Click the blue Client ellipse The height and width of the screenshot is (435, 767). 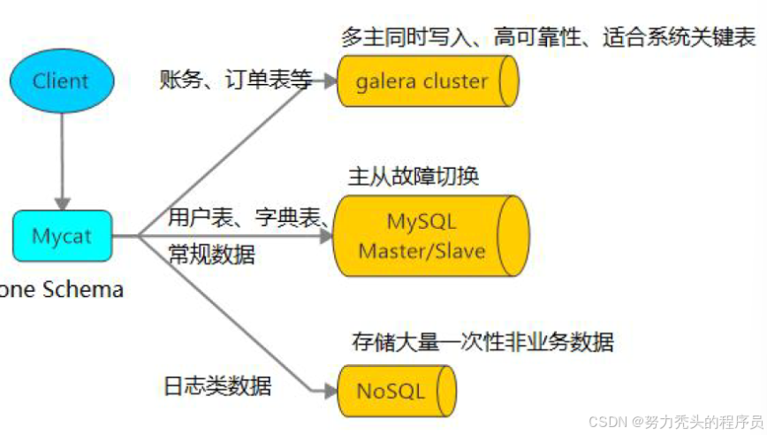[61, 81]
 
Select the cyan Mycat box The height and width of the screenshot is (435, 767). [62, 236]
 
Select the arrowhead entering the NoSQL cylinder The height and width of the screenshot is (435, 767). [329, 390]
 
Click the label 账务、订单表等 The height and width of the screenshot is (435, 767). [236, 80]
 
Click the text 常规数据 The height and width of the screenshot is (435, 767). [211, 256]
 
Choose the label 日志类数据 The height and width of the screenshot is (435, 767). [217, 386]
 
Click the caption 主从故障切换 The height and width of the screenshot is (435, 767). [414, 176]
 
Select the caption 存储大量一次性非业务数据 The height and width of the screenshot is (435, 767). [482, 341]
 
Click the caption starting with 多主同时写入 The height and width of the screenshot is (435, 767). [548, 38]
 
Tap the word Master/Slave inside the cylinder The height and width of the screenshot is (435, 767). [421, 250]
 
